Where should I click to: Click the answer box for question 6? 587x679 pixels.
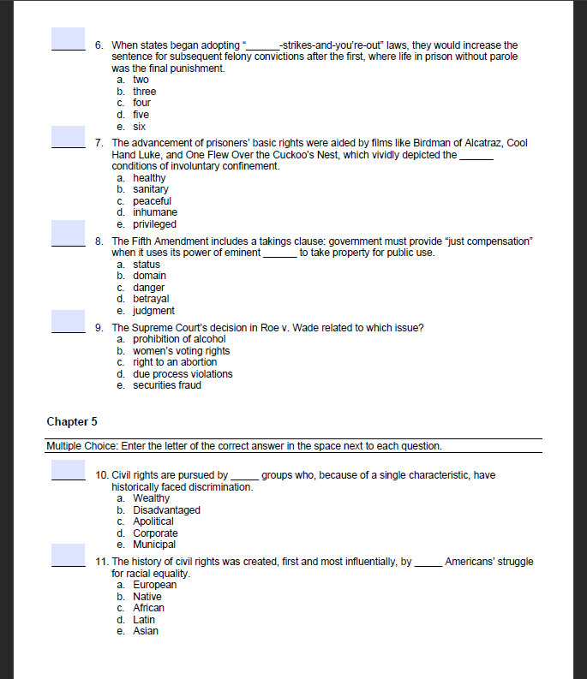point(68,39)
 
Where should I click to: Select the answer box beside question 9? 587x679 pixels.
point(68,321)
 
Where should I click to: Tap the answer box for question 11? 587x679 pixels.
point(68,555)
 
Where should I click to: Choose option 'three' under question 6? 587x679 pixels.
point(144,92)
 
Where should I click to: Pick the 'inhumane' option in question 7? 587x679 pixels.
point(155,212)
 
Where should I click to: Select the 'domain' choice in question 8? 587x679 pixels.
point(149,276)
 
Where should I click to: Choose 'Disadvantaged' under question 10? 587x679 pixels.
point(166,510)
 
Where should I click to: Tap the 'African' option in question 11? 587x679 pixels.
point(148,608)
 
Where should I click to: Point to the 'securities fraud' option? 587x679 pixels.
point(167,385)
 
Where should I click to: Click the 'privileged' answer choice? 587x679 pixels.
point(154,224)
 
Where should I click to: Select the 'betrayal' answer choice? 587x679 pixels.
point(151,299)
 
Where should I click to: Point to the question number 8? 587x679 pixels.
point(99,242)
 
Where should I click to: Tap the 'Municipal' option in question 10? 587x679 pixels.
point(154,545)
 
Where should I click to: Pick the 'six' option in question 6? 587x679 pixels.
point(140,126)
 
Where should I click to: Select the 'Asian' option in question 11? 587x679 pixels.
point(145,631)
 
